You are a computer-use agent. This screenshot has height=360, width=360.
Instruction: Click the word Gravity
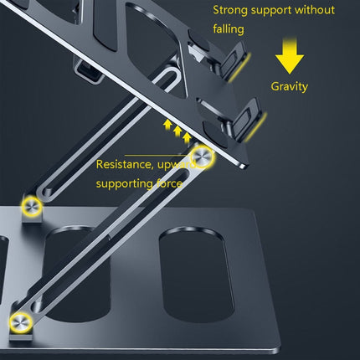pos(290,86)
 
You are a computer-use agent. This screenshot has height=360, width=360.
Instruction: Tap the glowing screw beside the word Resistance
pos(203,158)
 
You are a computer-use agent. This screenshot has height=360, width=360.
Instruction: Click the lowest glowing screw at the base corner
pos(18,321)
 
